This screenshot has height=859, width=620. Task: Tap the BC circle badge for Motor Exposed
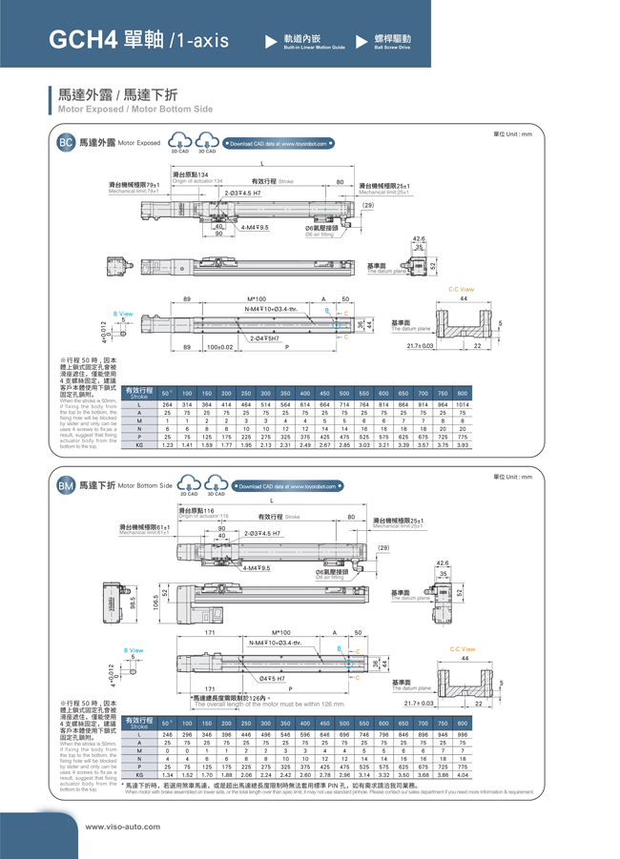tap(66, 143)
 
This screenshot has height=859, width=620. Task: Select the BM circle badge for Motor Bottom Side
tap(66, 485)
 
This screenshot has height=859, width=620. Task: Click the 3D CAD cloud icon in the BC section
tap(206, 144)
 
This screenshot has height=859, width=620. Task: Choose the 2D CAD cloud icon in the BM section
tap(189, 486)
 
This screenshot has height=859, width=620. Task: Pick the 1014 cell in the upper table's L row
tap(462, 404)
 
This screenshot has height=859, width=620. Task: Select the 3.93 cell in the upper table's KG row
tap(462, 444)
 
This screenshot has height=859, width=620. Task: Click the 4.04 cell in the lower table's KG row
tap(462, 775)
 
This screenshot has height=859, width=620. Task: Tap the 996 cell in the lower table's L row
tap(462, 735)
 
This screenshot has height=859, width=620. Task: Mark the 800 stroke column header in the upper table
tap(462, 393)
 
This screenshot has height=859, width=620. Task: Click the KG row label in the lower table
tap(139, 775)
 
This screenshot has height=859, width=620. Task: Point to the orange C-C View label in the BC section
tap(461, 290)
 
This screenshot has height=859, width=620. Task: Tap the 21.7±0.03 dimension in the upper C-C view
tap(421, 346)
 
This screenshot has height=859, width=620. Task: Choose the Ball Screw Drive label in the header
tap(392, 46)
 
